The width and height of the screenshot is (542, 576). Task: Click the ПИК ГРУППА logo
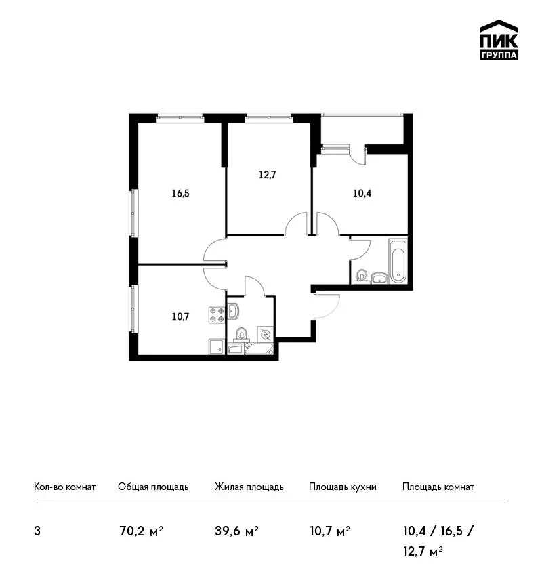pos(499,40)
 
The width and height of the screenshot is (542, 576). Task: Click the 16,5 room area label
pos(180,193)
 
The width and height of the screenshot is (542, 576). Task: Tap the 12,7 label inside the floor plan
pos(267,175)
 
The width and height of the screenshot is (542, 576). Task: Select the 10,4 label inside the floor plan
pos(362,193)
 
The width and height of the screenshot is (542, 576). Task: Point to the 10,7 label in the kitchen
pos(180,316)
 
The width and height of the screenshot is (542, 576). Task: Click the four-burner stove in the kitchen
pos(217,315)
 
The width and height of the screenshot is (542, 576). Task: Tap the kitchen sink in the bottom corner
pos(216,346)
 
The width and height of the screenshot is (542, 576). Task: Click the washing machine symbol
pos(265,334)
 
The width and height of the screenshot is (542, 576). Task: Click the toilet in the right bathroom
pos(362,276)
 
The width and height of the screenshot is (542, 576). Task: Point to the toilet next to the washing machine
pos(241,334)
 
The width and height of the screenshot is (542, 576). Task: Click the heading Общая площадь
pos(153,487)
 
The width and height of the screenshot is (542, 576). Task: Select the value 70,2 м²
pos(142,531)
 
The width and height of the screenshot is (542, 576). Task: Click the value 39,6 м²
pos(237,531)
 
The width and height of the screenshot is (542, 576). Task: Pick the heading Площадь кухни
pos(343,487)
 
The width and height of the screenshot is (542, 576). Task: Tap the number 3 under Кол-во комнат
pos(37,531)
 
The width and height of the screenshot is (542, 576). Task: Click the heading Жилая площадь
pos(249,487)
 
